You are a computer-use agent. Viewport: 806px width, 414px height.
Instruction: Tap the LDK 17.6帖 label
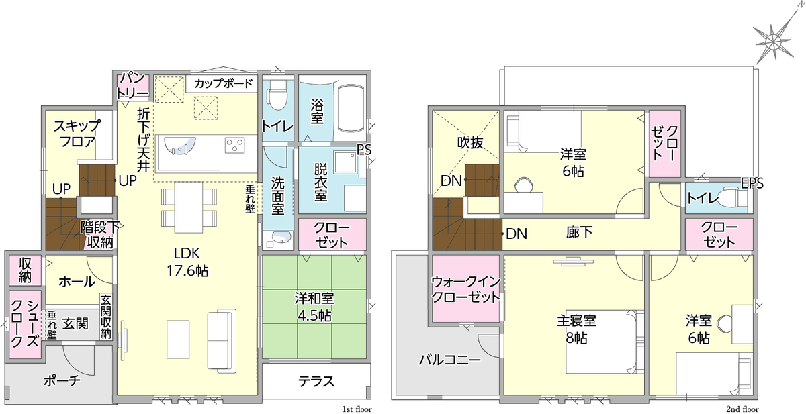pyautogui.click(x=187, y=262)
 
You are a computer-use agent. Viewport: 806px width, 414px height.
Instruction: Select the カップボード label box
pyautogui.click(x=223, y=84)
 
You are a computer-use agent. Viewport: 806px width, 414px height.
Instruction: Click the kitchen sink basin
pyautogui.click(x=180, y=146)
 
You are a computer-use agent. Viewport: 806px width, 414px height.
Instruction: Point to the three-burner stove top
pyautogui.click(x=235, y=145)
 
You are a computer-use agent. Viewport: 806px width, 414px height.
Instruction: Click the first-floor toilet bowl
pyautogui.click(x=276, y=95)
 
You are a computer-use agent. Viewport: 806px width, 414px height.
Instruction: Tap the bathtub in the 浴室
pyautogui.click(x=351, y=108)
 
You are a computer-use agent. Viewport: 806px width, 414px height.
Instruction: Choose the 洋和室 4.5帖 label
pyautogui.click(x=314, y=307)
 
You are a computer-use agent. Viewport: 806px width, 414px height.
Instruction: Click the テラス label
pyautogui.click(x=316, y=381)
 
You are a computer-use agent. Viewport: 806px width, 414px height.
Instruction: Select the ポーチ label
pyautogui.click(x=62, y=380)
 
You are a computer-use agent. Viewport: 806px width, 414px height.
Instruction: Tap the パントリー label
pyautogui.click(x=132, y=86)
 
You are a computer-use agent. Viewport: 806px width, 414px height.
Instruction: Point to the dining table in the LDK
pyautogui.click(x=189, y=207)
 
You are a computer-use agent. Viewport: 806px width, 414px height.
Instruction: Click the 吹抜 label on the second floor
pyautogui.click(x=470, y=143)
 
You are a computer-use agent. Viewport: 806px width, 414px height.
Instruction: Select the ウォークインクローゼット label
pyautogui.click(x=465, y=289)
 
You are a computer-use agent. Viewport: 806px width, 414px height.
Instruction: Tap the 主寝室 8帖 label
pyautogui.click(x=576, y=329)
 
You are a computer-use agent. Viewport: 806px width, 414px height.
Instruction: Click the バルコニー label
pyautogui.click(x=450, y=360)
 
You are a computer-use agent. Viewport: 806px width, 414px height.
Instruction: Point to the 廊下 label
pyautogui.click(x=579, y=233)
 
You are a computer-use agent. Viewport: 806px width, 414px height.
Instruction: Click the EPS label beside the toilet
pyautogui.click(x=752, y=183)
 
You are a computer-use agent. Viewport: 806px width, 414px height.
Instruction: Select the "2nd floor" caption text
pyautogui.click(x=742, y=409)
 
